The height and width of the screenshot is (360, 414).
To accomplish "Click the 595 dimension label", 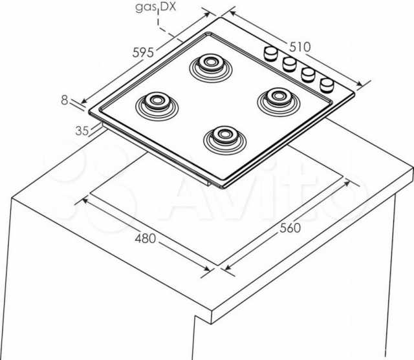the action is tap(143, 52).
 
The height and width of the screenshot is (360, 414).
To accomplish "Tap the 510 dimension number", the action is tap(300, 47).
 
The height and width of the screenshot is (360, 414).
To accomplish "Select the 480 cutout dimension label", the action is tap(146, 238).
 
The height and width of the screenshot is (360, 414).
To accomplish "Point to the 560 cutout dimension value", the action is tap(290, 228).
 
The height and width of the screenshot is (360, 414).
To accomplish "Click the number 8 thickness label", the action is tap(65, 100).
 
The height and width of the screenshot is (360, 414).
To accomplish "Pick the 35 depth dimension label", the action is tap(82, 131).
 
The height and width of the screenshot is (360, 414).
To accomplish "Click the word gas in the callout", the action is tap(146, 7).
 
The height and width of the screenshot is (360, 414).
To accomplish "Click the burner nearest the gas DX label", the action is tap(211, 68).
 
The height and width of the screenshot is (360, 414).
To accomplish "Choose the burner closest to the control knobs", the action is tap(279, 102).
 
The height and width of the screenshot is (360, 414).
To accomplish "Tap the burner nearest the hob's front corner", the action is tap(225, 140).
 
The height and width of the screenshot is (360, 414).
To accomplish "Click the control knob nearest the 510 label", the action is tap(271, 54).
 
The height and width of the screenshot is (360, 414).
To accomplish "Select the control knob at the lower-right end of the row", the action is tap(327, 85).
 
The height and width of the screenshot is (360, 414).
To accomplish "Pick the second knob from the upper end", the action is tap(289, 64).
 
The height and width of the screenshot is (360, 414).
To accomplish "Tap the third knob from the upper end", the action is tap(309, 74).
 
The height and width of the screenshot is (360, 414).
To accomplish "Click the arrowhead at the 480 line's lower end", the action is tap(207, 268).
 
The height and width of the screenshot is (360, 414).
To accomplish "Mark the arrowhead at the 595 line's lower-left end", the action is tap(84, 101).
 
